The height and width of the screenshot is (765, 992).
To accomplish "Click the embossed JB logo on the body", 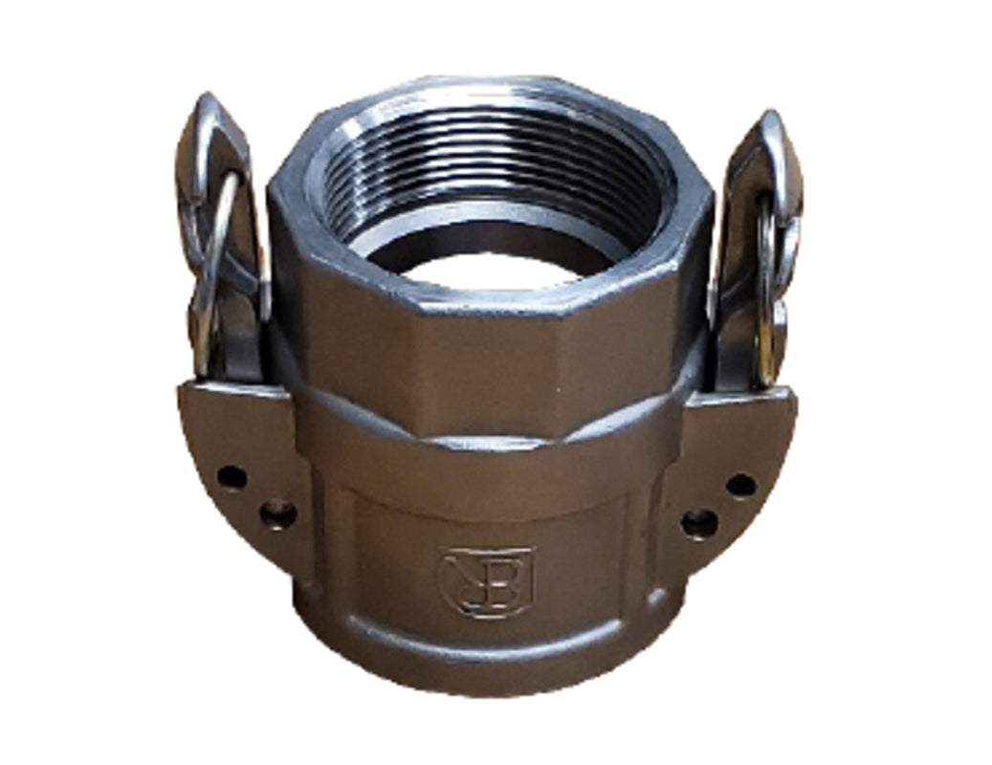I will point(485,580).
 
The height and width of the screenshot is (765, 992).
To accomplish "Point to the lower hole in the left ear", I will point(276,515).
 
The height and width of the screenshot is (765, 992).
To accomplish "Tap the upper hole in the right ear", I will point(739,485).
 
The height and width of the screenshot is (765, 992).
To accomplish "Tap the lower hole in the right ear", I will point(698,522).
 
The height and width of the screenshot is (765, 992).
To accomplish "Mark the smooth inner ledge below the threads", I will point(402,247).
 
